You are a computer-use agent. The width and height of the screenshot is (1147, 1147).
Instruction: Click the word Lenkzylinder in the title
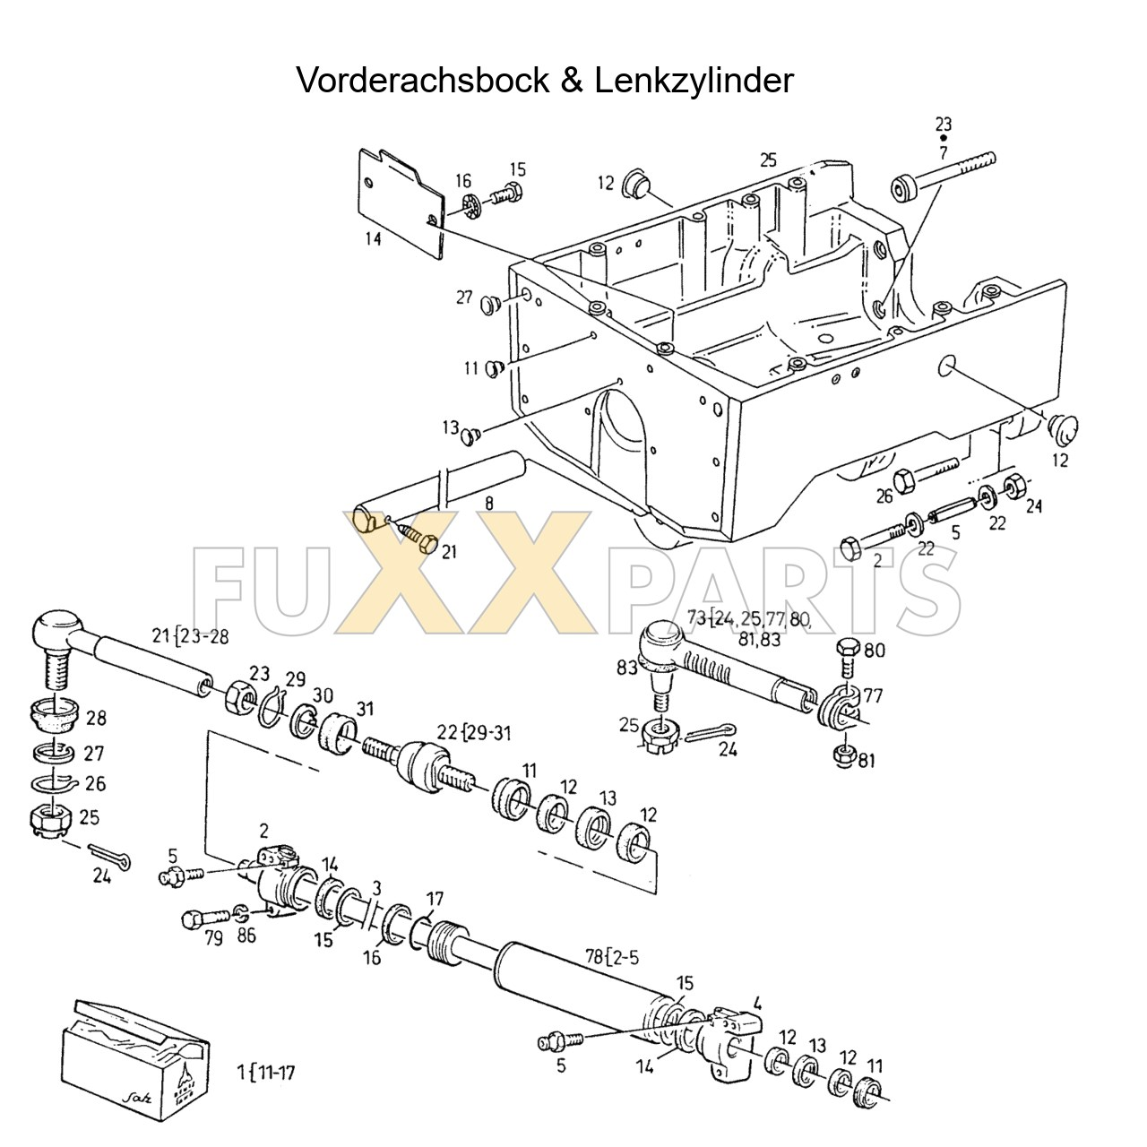click(692, 81)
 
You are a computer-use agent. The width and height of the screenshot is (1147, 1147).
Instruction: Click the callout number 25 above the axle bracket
click(768, 160)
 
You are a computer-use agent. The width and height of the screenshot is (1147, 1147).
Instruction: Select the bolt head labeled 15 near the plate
click(512, 193)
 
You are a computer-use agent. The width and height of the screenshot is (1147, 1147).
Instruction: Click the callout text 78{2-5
click(613, 958)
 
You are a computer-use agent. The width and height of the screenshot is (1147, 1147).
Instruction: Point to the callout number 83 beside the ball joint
click(627, 668)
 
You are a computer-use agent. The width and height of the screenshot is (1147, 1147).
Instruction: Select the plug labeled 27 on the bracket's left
click(489, 305)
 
